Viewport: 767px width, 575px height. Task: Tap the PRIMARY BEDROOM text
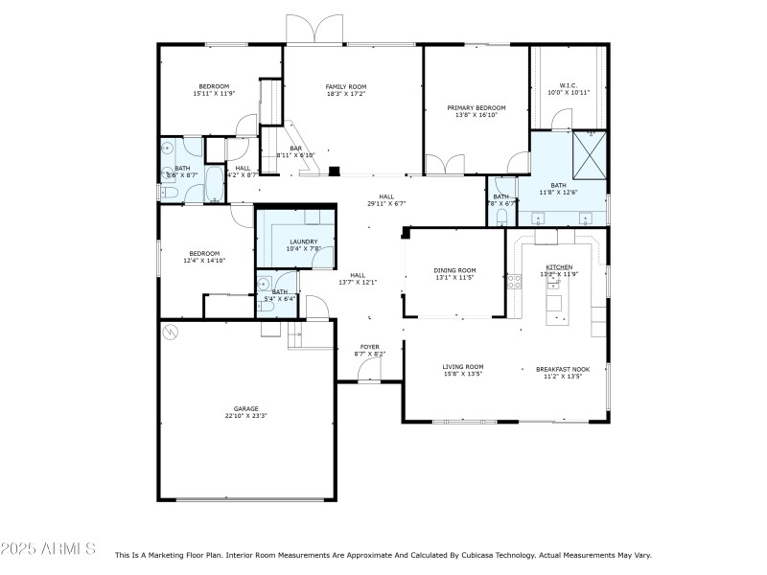[x=476, y=107]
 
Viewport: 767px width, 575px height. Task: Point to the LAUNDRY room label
[x=302, y=241]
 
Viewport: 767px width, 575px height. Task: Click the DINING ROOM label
[x=455, y=270]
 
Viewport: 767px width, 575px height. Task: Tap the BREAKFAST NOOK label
[x=563, y=369]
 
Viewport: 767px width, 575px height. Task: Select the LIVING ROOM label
[x=462, y=366]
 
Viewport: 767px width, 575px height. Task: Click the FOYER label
[x=369, y=346]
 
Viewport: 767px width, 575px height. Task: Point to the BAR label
[x=295, y=148]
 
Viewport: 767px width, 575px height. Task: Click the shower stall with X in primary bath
[x=590, y=152]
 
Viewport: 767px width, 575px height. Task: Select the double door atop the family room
[x=314, y=31]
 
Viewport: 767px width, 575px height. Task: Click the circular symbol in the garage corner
[x=171, y=332]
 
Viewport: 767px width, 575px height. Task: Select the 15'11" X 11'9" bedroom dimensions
[x=214, y=94]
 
